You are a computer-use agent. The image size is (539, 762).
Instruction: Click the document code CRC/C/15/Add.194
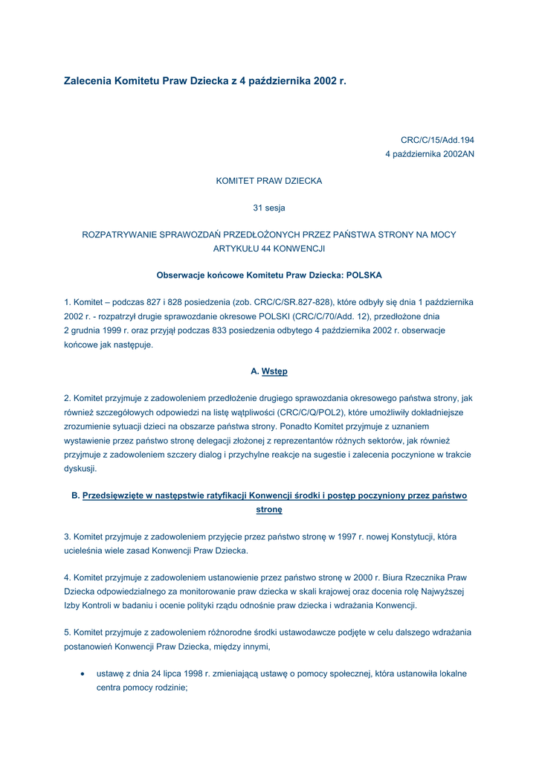point(437,139)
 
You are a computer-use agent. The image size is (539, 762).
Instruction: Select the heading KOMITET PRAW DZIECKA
point(268,181)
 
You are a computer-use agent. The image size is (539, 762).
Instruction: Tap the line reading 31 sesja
point(268,208)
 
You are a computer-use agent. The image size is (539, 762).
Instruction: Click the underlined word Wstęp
point(274,371)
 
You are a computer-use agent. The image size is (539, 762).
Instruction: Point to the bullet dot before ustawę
point(82,673)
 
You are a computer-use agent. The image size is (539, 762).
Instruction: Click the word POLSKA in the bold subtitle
point(364,275)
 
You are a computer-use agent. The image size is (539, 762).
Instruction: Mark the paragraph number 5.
point(67,633)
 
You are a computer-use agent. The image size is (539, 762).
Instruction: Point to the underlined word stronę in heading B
point(268,510)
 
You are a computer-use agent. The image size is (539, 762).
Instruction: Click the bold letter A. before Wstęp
point(255,371)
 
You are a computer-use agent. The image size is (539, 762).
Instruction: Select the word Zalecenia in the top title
point(88,80)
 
